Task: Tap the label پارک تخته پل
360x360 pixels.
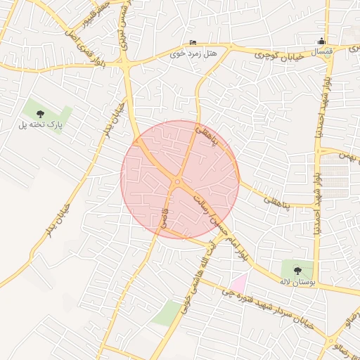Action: (41, 126)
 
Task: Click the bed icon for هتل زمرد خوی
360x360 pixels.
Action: (193, 41)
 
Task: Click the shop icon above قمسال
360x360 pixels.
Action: (322, 40)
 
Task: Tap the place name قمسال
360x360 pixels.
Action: (321, 52)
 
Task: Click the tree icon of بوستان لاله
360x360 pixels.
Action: (297, 269)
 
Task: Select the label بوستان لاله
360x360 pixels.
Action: (295, 281)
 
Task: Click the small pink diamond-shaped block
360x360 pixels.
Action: (240, 284)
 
